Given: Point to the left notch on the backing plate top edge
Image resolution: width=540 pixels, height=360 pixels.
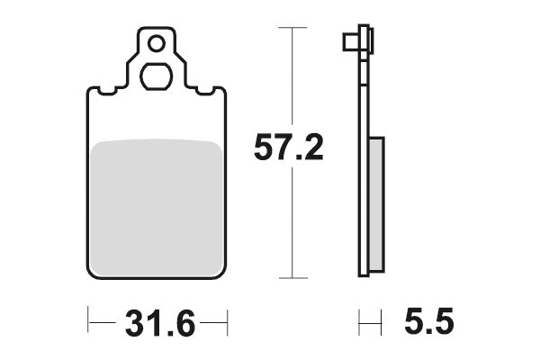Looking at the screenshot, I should click(107, 91).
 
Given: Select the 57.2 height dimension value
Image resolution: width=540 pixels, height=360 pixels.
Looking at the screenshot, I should click(288, 149).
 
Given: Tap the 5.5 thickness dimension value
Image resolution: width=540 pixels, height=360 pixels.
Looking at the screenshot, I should click(430, 322).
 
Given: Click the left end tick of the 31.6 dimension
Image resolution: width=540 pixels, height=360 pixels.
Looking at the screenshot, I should click(87, 321).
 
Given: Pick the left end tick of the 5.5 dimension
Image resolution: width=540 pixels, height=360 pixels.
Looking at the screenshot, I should click(359, 321).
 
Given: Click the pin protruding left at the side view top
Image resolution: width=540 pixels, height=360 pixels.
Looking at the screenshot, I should click(349, 42).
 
